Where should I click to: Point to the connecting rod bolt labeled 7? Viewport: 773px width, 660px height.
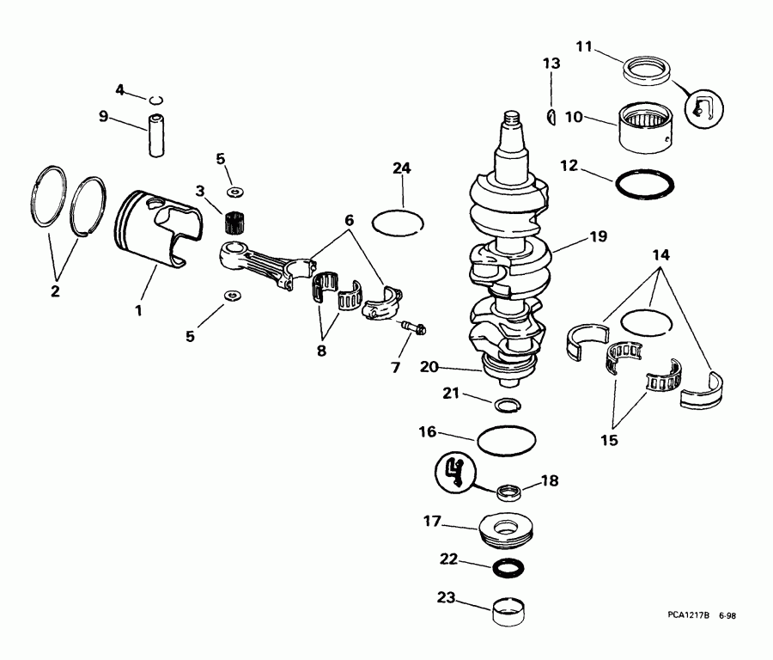(x=414, y=327)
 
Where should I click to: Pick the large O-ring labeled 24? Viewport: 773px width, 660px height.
(x=398, y=221)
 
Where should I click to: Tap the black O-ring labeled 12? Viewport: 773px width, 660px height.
(x=646, y=183)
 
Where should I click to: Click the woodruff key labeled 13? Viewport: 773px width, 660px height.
(x=552, y=115)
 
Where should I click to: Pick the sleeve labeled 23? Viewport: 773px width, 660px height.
(x=510, y=612)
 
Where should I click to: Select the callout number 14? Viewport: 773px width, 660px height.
(x=660, y=255)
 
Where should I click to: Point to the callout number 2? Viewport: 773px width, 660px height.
(x=55, y=291)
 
